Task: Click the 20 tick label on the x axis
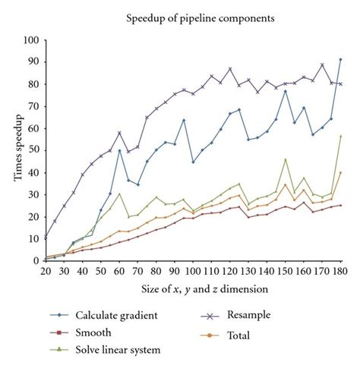[x=46, y=269]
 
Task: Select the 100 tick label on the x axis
[x=193, y=269]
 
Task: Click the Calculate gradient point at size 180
[x=339, y=59]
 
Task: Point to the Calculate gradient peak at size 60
[x=119, y=150]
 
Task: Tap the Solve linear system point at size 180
[x=339, y=137]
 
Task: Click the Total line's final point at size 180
[x=339, y=172]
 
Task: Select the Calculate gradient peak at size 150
[x=285, y=91]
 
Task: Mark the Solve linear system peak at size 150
[x=285, y=159]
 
